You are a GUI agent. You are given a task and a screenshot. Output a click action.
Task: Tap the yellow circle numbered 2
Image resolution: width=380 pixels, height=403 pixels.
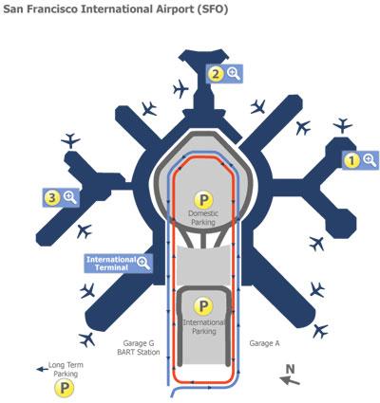[216, 74]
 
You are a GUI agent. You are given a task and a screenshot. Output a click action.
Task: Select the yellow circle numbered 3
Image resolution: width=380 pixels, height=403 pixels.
[52, 198]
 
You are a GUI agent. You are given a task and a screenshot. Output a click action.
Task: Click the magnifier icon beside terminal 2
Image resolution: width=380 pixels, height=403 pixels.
[234, 74]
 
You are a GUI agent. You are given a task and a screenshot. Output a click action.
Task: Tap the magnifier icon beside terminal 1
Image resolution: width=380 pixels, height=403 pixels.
[370, 160]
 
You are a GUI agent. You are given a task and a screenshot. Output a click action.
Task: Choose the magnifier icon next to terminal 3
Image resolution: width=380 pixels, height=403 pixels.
[70, 197]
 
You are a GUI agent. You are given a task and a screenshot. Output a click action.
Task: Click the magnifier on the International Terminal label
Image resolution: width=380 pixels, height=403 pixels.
[143, 263]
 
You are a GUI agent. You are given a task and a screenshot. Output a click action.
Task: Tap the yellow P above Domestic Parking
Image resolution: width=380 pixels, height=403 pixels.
[203, 199]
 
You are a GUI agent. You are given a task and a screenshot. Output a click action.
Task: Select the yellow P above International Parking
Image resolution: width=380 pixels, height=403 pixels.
[203, 306]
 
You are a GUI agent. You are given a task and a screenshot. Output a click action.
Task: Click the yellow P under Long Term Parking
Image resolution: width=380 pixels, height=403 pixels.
[64, 388]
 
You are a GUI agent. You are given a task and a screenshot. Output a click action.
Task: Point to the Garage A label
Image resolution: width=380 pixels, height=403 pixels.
[264, 343]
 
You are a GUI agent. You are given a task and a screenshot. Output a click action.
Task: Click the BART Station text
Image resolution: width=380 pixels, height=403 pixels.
[139, 352]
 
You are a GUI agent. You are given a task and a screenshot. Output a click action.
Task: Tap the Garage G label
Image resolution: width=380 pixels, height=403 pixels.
[139, 343]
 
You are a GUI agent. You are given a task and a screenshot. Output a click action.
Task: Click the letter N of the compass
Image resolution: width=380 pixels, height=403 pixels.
[290, 369]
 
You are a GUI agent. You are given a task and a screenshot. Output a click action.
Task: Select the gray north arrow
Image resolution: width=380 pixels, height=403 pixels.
[290, 380]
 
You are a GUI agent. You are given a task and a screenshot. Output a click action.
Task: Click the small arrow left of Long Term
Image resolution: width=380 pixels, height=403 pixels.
[42, 369]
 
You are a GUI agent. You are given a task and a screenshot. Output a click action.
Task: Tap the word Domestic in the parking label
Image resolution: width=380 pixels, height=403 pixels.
[203, 213]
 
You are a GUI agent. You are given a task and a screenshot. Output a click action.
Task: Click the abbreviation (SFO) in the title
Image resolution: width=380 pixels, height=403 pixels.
[212, 9]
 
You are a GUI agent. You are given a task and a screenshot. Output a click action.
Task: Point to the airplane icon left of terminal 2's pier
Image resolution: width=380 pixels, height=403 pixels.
[180, 88]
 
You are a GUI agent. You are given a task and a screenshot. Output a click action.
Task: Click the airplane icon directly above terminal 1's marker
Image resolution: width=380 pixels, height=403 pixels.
[343, 125]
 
